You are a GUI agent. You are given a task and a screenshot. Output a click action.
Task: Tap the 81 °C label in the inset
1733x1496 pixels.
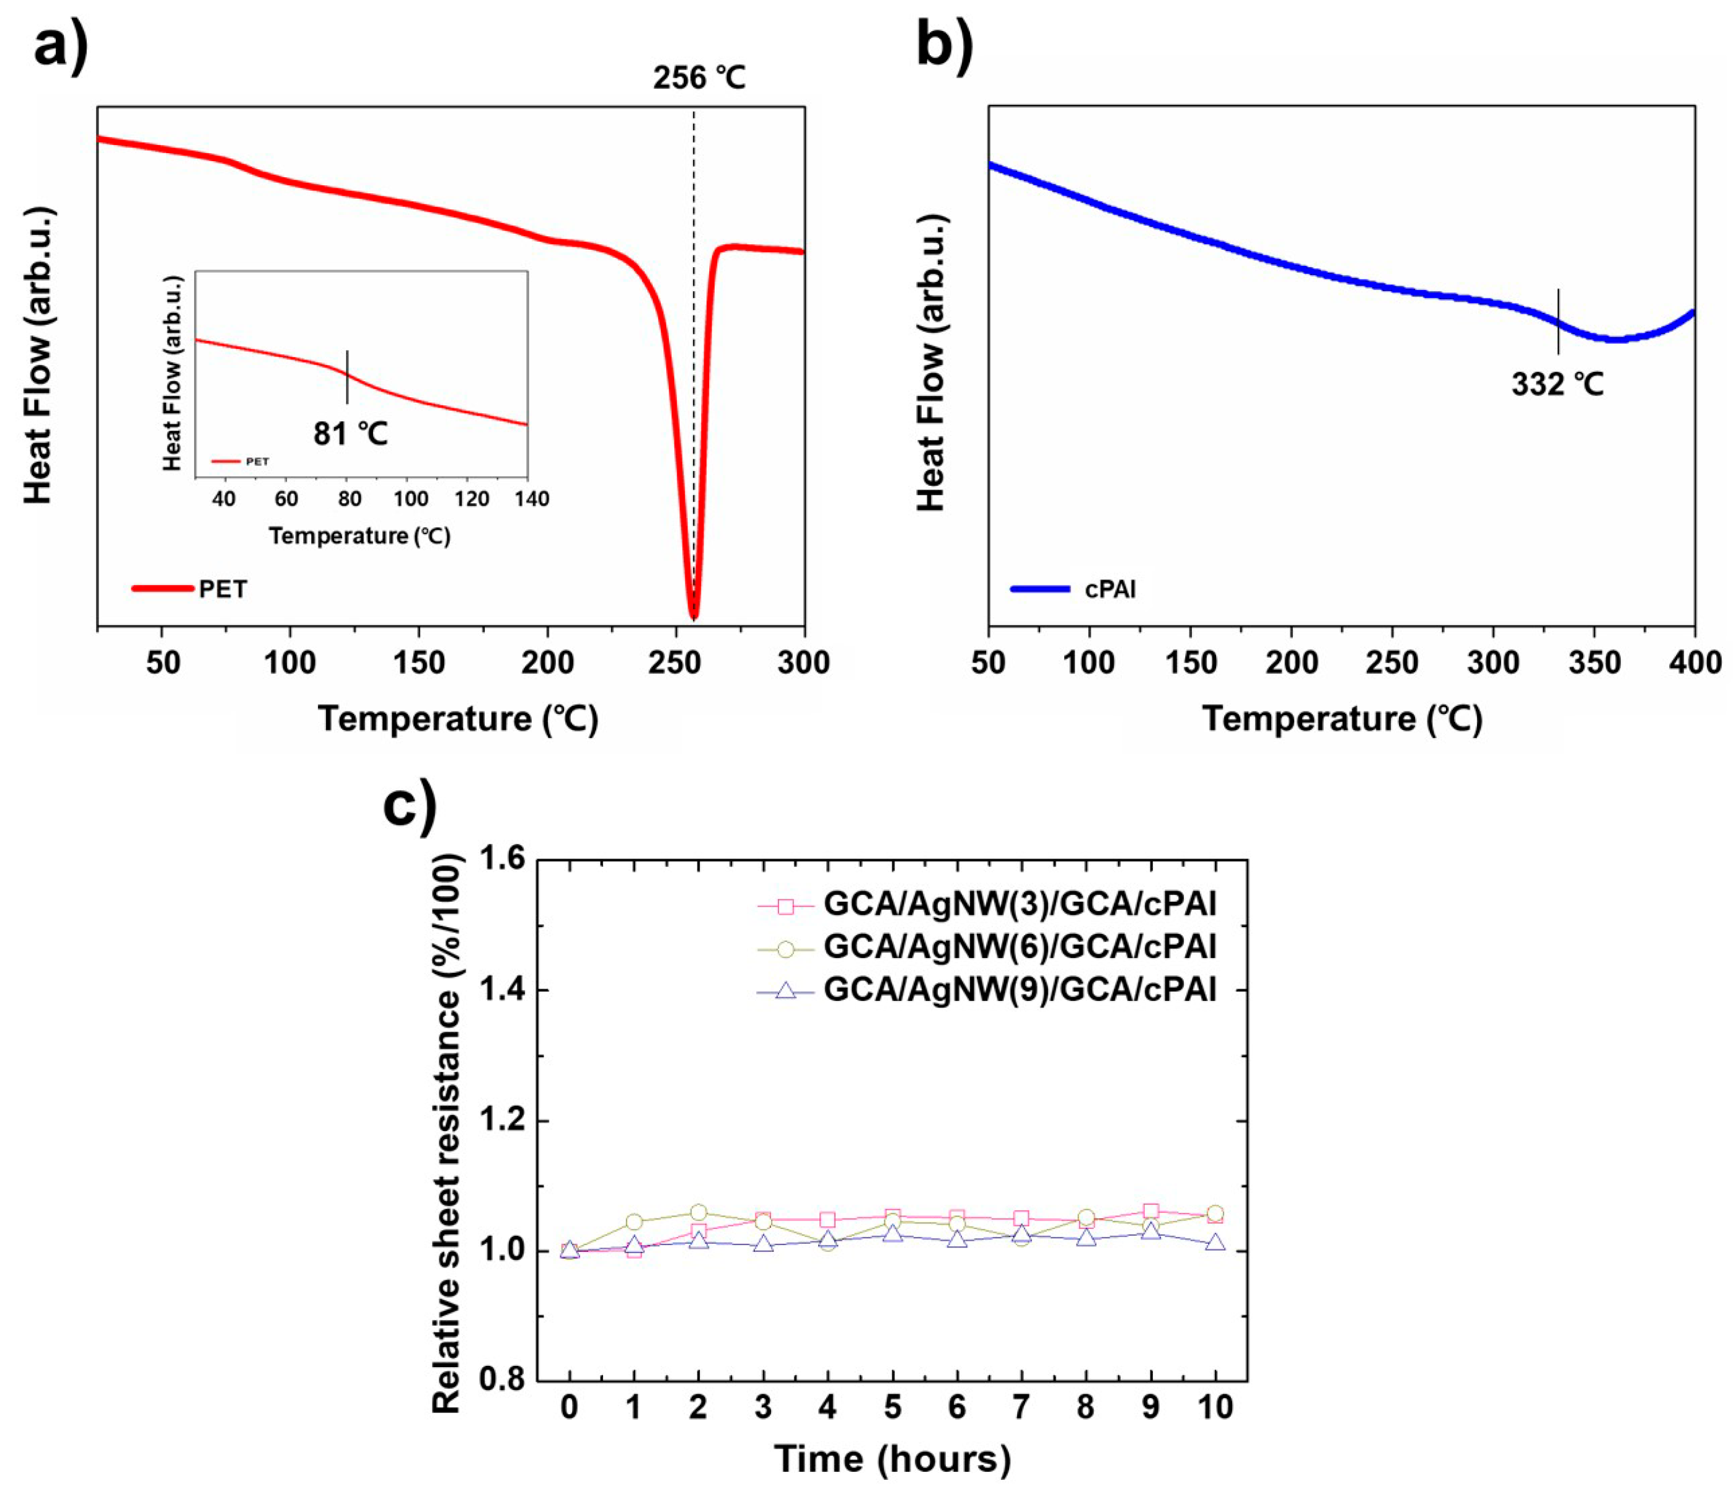350,433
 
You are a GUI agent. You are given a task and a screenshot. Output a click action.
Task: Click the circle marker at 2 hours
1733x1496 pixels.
699,1213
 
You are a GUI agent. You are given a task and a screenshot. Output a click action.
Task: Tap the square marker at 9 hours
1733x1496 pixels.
1151,1211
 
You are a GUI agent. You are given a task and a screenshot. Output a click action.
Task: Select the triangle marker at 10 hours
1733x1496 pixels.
1215,1243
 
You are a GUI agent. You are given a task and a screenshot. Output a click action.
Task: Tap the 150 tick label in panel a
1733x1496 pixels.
419,663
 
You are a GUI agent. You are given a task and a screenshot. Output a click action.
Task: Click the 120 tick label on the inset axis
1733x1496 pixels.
472,499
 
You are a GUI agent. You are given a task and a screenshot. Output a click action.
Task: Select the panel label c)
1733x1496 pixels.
410,806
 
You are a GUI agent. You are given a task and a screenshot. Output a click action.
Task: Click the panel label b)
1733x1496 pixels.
945,46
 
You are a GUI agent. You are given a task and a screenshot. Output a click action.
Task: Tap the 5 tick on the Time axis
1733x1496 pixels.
893,1407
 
